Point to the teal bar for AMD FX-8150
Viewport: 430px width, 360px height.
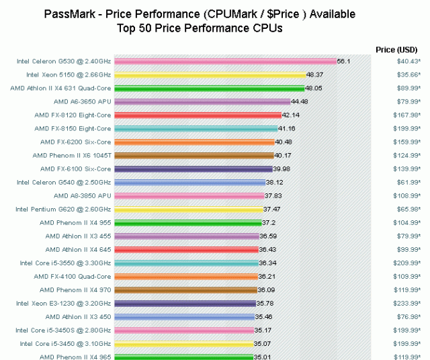pos(196,128)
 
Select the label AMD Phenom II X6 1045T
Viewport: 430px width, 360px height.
pos(71,155)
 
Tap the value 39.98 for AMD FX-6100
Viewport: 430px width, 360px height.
pos(282,169)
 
